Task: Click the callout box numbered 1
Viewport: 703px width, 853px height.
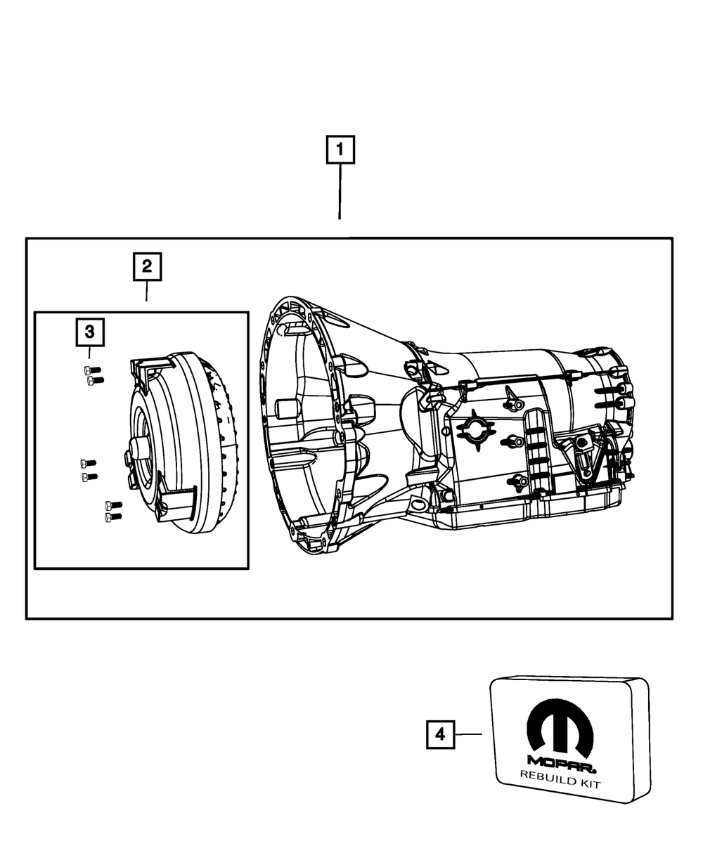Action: [x=340, y=150]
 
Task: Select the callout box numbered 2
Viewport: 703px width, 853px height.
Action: [x=147, y=267]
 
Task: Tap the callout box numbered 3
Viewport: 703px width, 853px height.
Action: [x=90, y=332]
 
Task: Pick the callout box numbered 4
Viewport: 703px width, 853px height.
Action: [x=440, y=734]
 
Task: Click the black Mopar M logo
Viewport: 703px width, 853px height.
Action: [x=560, y=724]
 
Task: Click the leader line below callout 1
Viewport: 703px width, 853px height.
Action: [x=340, y=192]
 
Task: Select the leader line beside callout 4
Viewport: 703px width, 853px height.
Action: [x=468, y=734]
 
